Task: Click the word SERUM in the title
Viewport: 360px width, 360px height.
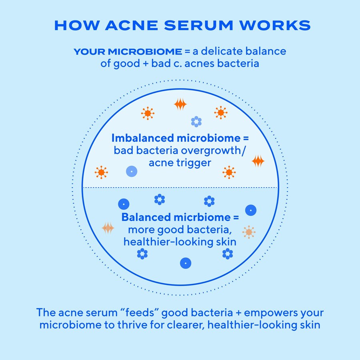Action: point(198,25)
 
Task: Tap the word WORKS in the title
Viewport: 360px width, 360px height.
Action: point(275,25)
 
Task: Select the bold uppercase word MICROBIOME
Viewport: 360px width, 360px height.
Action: point(145,52)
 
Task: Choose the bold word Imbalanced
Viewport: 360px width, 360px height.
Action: point(142,138)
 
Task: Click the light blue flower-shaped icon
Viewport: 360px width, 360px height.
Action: point(196,122)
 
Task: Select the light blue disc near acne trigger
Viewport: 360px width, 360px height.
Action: point(132,172)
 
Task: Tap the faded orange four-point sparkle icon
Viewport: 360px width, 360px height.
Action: point(108,228)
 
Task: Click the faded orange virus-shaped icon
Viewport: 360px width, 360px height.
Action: point(249,232)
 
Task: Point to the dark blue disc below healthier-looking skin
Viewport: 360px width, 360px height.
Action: point(186,263)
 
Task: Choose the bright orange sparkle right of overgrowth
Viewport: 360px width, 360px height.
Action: point(258,161)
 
